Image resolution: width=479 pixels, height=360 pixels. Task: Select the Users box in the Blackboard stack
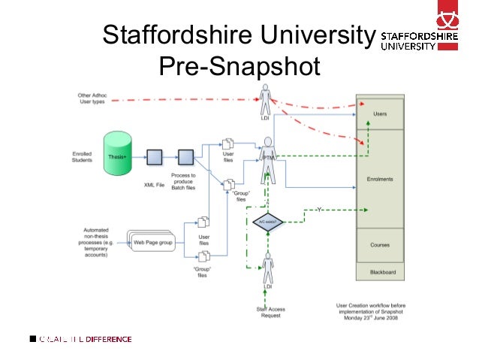point(380,113)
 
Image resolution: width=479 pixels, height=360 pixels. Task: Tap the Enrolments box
point(380,179)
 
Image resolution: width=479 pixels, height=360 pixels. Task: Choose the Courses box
point(380,245)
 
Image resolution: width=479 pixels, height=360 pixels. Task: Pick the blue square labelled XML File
point(154,157)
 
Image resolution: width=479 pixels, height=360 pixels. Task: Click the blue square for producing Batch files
point(185,157)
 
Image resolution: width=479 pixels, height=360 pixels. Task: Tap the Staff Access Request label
point(271,312)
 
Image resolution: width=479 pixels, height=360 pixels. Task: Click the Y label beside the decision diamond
point(319,209)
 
